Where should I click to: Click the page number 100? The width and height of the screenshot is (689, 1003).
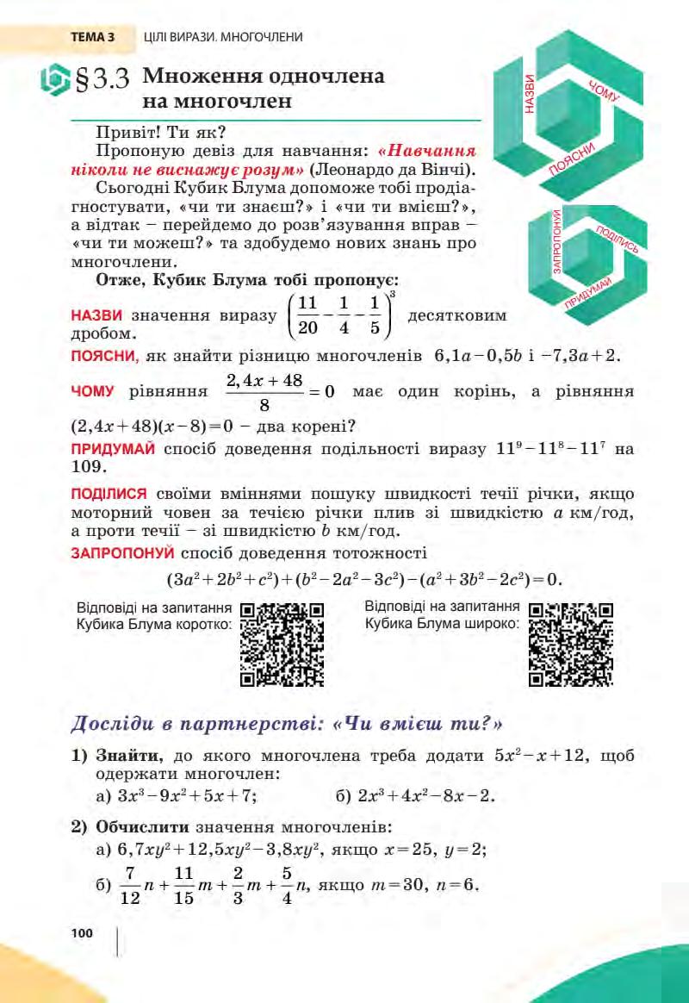click(x=82, y=933)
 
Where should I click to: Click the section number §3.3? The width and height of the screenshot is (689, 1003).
click(x=102, y=81)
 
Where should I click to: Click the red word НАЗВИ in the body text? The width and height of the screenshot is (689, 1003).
click(x=96, y=315)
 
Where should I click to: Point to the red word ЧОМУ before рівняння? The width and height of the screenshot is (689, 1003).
click(x=92, y=391)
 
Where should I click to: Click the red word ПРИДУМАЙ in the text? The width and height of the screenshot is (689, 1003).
click(x=112, y=449)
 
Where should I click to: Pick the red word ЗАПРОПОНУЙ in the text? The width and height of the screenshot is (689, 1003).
click(x=122, y=552)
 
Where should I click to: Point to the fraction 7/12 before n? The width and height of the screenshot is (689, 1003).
click(x=129, y=886)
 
